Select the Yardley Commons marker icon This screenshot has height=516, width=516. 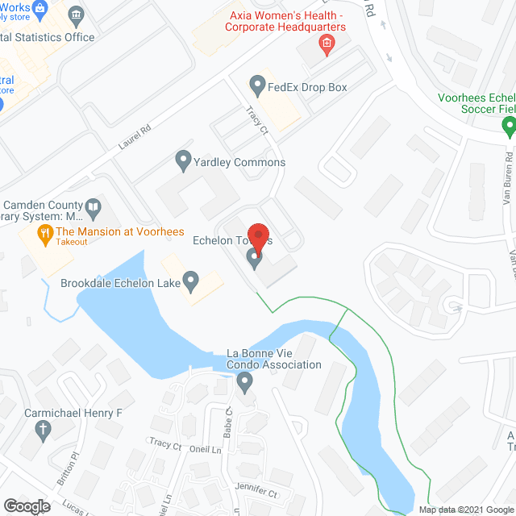pos(183,160)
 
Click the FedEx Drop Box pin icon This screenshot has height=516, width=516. pos(257,85)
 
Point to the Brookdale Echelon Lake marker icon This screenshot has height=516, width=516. pos(191,281)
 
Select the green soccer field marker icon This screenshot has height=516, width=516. pos(508,126)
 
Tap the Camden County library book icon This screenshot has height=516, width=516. pos(94,208)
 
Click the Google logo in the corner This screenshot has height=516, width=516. pos(27,506)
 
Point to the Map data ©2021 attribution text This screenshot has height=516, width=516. pos(465,509)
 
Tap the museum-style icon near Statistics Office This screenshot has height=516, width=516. pos(77,15)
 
